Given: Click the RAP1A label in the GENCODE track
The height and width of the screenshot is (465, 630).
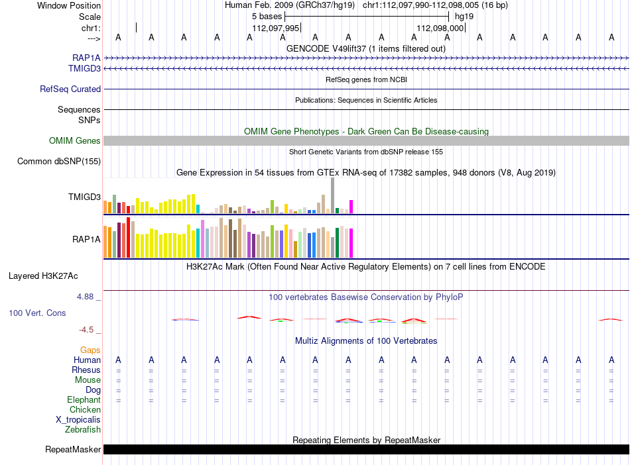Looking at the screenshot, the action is coord(86,58).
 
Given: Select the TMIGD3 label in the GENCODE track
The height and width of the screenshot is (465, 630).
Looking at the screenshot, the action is coord(84,69).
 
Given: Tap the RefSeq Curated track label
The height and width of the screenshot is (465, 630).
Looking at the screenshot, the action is coord(70,89).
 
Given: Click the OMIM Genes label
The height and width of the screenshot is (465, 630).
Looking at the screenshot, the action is coord(75,141).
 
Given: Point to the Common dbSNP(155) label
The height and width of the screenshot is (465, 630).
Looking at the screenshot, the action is coord(59,161).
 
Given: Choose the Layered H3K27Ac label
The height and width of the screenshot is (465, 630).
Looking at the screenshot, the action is coord(43,276).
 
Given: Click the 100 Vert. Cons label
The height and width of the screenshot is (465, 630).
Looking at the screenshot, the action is coord(37,313).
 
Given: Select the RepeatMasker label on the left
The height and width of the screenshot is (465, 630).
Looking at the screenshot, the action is coord(73,449).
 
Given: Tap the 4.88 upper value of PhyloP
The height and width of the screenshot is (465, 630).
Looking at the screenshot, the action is coord(85,297).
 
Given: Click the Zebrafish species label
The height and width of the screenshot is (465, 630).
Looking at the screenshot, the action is coord(83,430).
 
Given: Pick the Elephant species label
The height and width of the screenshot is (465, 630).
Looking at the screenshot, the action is coord(84,400).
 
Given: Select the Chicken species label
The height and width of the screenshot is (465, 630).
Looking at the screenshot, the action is coord(85,409).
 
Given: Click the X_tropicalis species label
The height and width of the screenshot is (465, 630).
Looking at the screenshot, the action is coord(78,420).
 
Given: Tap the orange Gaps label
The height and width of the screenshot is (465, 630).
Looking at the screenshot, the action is coord(90,350).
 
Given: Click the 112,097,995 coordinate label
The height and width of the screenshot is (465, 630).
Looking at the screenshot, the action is coord(276,28).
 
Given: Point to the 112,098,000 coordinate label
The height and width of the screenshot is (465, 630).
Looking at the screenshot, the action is coord(440,28).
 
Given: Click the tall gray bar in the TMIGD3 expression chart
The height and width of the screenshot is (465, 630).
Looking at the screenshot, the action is coord(333,195).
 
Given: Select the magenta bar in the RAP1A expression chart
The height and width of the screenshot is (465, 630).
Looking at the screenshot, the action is coord(351,243).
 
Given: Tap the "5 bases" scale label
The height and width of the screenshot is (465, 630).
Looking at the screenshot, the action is coord(267,17).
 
